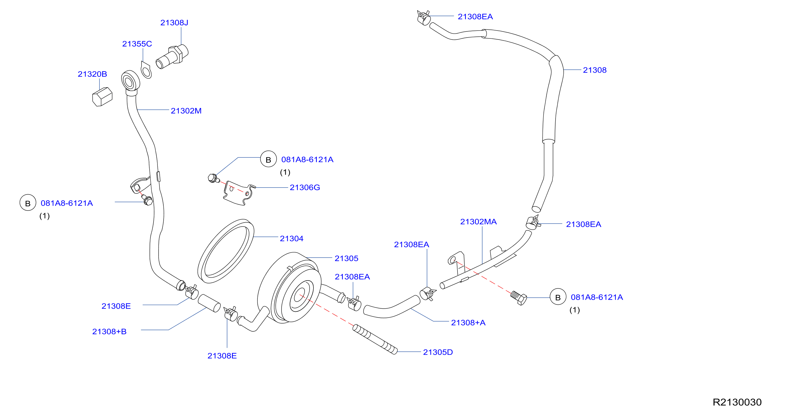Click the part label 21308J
click(174, 22)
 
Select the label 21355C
click(137, 44)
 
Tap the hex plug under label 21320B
click(102, 97)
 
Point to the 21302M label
click(186, 111)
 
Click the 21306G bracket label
click(305, 187)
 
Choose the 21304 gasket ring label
click(291, 239)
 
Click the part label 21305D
click(438, 352)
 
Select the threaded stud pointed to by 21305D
click(375, 339)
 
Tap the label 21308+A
click(468, 322)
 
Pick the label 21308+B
click(109, 331)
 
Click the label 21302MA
click(478, 221)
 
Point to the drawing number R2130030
click(737, 402)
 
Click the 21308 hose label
click(594, 70)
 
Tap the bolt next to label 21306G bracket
click(213, 178)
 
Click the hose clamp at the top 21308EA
click(423, 18)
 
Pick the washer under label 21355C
click(146, 70)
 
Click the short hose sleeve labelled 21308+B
click(209, 303)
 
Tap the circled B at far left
click(28, 202)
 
